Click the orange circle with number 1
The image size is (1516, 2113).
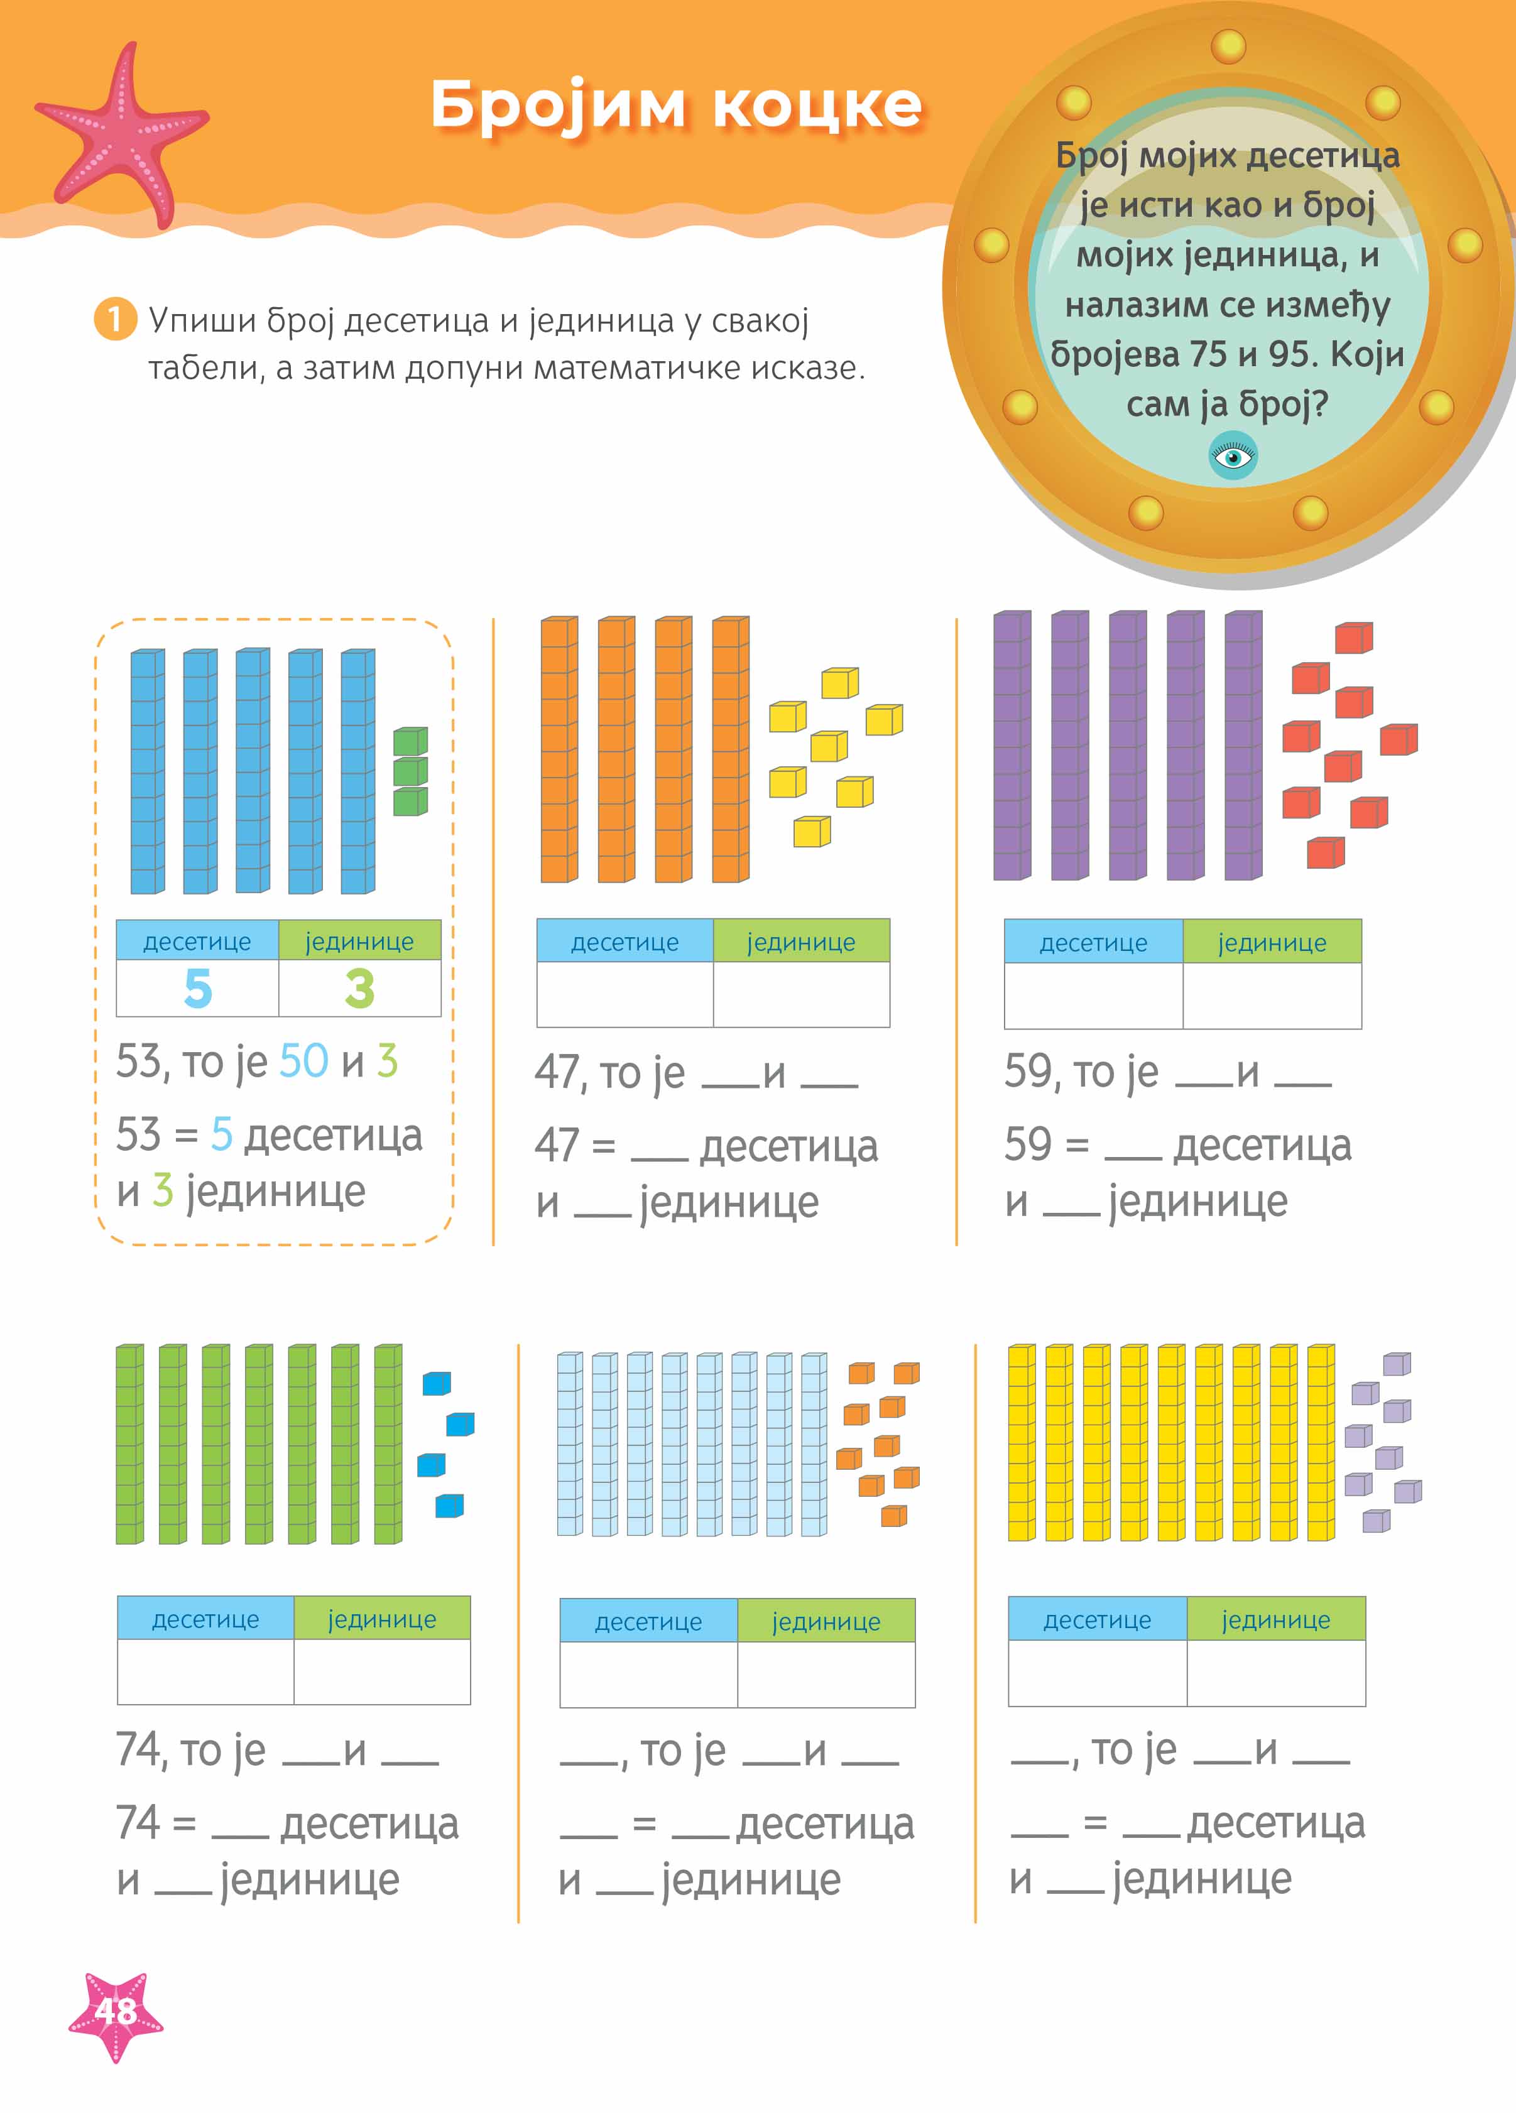[114, 320]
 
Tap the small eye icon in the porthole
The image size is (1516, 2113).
[1232, 457]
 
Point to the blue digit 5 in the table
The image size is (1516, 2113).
[197, 989]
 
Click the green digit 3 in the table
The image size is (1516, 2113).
[359, 989]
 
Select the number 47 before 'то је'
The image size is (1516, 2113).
[557, 1072]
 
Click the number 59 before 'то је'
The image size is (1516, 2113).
[1028, 1072]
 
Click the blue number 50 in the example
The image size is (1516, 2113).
[303, 1061]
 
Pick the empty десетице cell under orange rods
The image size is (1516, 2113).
[624, 994]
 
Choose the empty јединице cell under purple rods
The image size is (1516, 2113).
[1272, 995]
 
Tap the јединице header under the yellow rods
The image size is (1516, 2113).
[1275, 1620]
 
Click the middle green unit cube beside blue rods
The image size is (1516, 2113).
[410, 771]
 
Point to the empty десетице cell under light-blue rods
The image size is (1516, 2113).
[648, 1674]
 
